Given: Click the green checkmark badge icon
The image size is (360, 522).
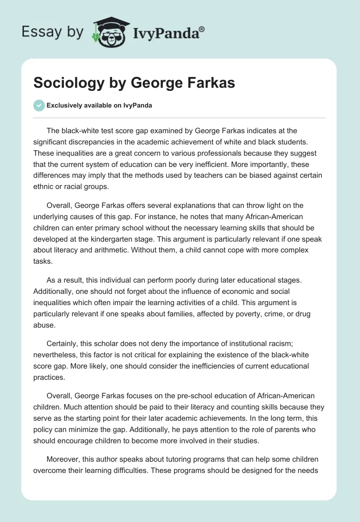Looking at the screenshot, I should [x=39, y=105].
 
